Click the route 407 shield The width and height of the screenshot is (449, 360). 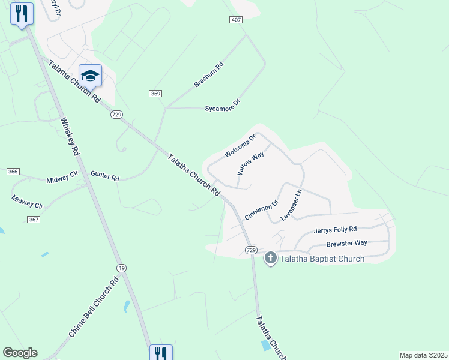point(236,20)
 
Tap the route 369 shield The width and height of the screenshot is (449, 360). point(155,93)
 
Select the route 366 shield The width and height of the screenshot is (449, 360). point(13,172)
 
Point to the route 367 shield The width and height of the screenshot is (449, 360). point(33,220)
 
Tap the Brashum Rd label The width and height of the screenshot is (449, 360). point(209,74)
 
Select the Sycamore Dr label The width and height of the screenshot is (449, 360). point(222,106)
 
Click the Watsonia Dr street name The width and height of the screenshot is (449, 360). point(240,146)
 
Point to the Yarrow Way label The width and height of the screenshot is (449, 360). point(250,163)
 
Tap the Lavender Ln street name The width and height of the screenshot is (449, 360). point(290,205)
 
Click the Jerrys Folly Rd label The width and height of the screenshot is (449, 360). point(335,230)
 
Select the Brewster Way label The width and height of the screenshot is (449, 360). point(346,244)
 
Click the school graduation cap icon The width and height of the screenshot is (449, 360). point(90,75)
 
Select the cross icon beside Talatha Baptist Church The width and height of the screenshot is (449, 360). point(271,258)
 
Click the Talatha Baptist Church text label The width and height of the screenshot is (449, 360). point(322,259)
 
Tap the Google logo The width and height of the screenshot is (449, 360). point(20,353)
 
